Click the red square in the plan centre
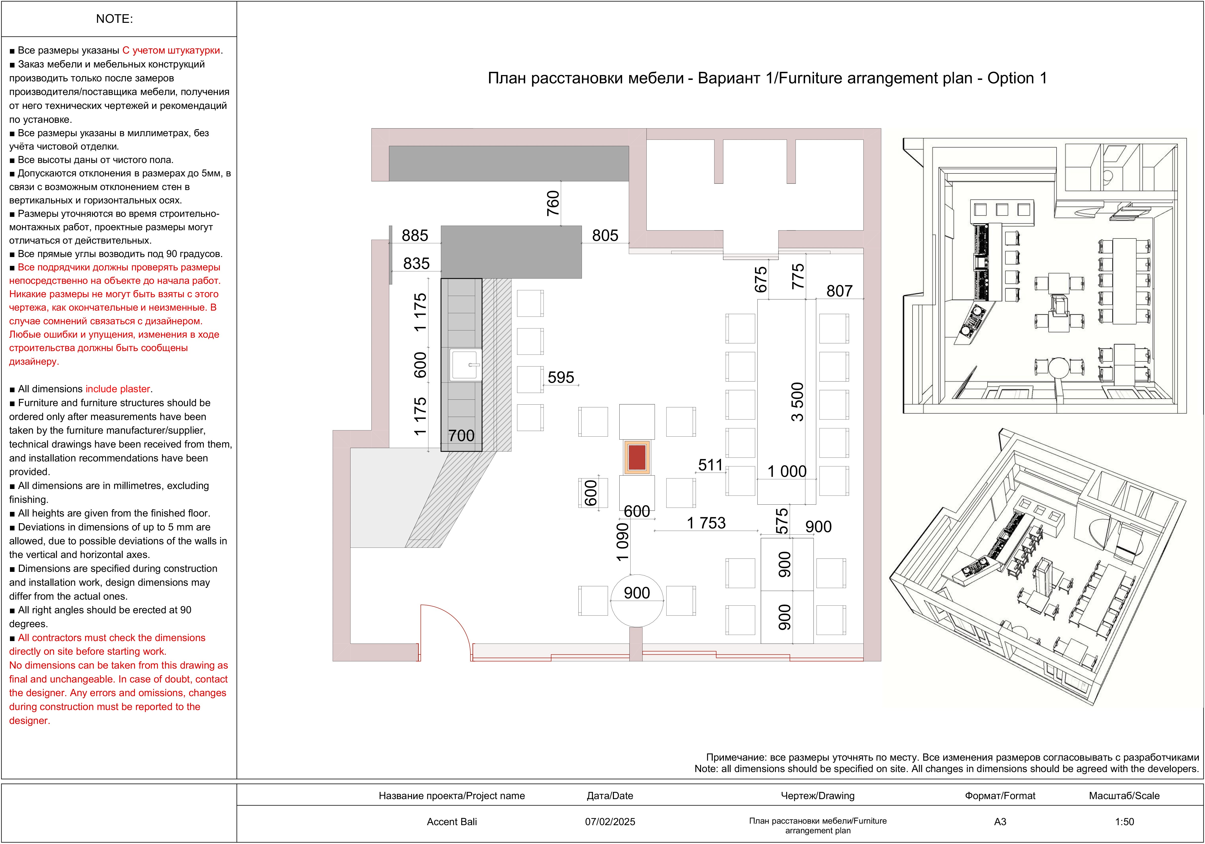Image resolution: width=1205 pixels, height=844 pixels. pyautogui.click(x=637, y=457)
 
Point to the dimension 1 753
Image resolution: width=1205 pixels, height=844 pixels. pyautogui.click(x=707, y=523)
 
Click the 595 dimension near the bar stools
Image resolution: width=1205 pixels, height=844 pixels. pyautogui.click(x=561, y=377)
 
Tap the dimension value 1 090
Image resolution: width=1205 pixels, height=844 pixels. pyautogui.click(x=622, y=542)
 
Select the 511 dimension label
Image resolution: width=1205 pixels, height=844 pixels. pyautogui.click(x=710, y=465)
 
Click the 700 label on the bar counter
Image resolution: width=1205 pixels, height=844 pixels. pyautogui.click(x=461, y=435)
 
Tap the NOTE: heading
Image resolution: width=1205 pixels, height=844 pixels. pyautogui.click(x=114, y=19)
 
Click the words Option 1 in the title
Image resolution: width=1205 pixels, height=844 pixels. pyautogui.click(x=1017, y=78)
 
